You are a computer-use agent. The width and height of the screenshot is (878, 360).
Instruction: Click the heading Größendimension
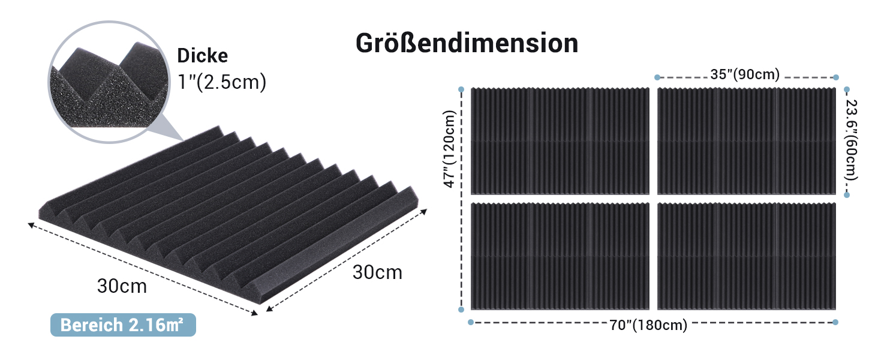coord(467,43)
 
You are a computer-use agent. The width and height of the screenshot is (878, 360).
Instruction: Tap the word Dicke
coord(202,55)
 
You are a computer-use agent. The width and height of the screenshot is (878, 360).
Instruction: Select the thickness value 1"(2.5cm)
coord(222,82)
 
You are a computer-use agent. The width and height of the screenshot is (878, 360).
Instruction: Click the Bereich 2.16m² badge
coord(123,325)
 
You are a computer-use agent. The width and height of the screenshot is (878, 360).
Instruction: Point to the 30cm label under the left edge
coord(122,286)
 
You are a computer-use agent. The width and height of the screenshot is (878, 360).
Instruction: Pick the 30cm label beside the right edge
coord(377,272)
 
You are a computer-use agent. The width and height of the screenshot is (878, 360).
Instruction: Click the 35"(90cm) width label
coord(745,74)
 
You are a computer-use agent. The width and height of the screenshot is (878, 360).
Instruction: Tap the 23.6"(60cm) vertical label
coord(852,140)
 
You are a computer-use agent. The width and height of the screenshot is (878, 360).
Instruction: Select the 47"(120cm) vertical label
coord(450,149)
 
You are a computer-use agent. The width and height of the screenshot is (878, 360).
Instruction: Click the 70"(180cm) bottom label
coord(648,325)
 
